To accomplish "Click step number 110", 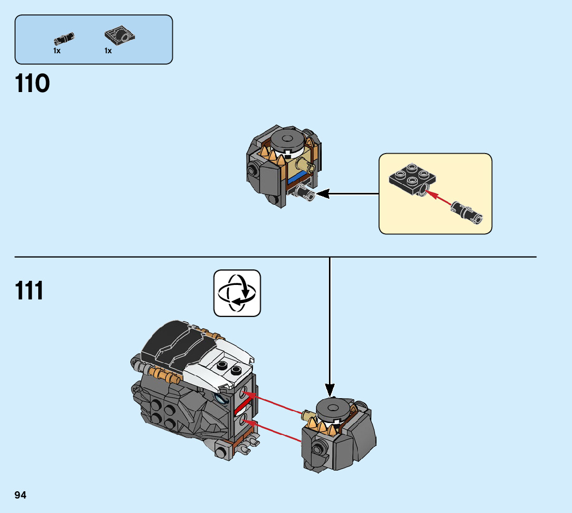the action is click(32, 84).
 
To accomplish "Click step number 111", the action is click(29, 291).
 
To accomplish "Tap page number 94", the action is click(21, 495).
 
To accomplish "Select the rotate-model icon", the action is click(237, 293).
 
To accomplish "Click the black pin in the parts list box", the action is click(64, 38).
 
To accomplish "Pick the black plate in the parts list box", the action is click(119, 35).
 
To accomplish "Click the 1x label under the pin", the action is click(57, 51).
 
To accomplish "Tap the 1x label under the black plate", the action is click(108, 51).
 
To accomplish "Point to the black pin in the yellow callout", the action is click(467, 212).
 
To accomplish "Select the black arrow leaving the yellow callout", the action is click(348, 194).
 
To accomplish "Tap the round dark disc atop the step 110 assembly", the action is click(288, 139).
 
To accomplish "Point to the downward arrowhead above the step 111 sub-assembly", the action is click(330, 390).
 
